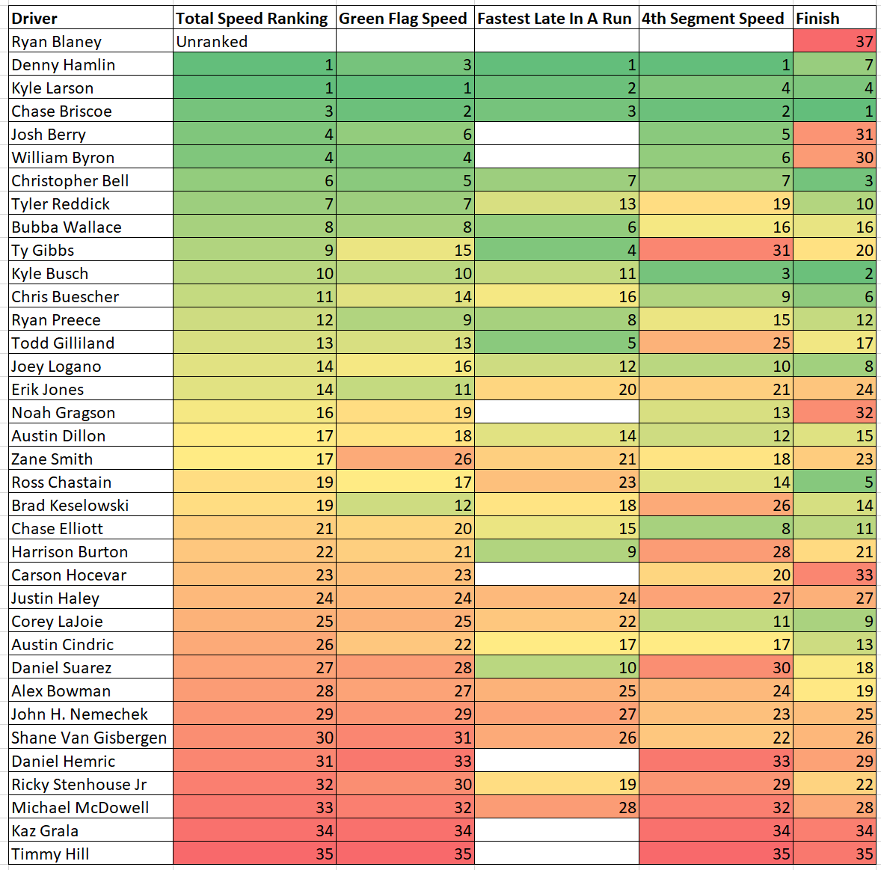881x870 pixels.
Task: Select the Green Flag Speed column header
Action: click(x=404, y=19)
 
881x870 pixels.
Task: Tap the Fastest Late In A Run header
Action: click(x=556, y=19)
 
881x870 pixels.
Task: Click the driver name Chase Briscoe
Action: click(x=62, y=111)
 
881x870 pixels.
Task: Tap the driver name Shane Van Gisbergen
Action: click(x=89, y=738)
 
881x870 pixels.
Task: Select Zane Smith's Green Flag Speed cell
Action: click(x=405, y=459)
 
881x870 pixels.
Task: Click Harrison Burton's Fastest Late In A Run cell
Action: click(x=556, y=552)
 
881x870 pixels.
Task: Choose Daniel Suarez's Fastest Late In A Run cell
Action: click(x=556, y=668)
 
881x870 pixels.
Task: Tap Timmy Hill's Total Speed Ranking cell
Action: click(x=254, y=854)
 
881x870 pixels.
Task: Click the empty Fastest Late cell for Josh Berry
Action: click(x=556, y=135)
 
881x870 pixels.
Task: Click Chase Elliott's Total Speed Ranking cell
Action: click(x=254, y=529)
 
